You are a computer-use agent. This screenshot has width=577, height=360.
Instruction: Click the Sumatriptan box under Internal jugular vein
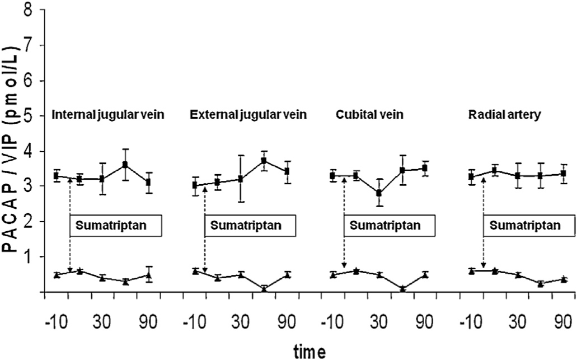[x=115, y=226]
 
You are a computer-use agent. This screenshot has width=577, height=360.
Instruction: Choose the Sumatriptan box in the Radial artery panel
[x=529, y=226]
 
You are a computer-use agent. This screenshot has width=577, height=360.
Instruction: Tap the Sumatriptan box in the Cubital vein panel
[x=390, y=226]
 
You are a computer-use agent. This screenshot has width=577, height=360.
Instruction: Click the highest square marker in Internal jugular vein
[x=125, y=165]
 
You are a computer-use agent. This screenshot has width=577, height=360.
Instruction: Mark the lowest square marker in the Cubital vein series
[x=379, y=193]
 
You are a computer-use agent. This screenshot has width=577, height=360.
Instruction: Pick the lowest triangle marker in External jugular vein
[x=264, y=288]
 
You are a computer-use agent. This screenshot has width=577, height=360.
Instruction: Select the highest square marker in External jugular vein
[x=264, y=161]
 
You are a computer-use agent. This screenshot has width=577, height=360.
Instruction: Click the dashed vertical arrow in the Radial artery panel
[x=483, y=224]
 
